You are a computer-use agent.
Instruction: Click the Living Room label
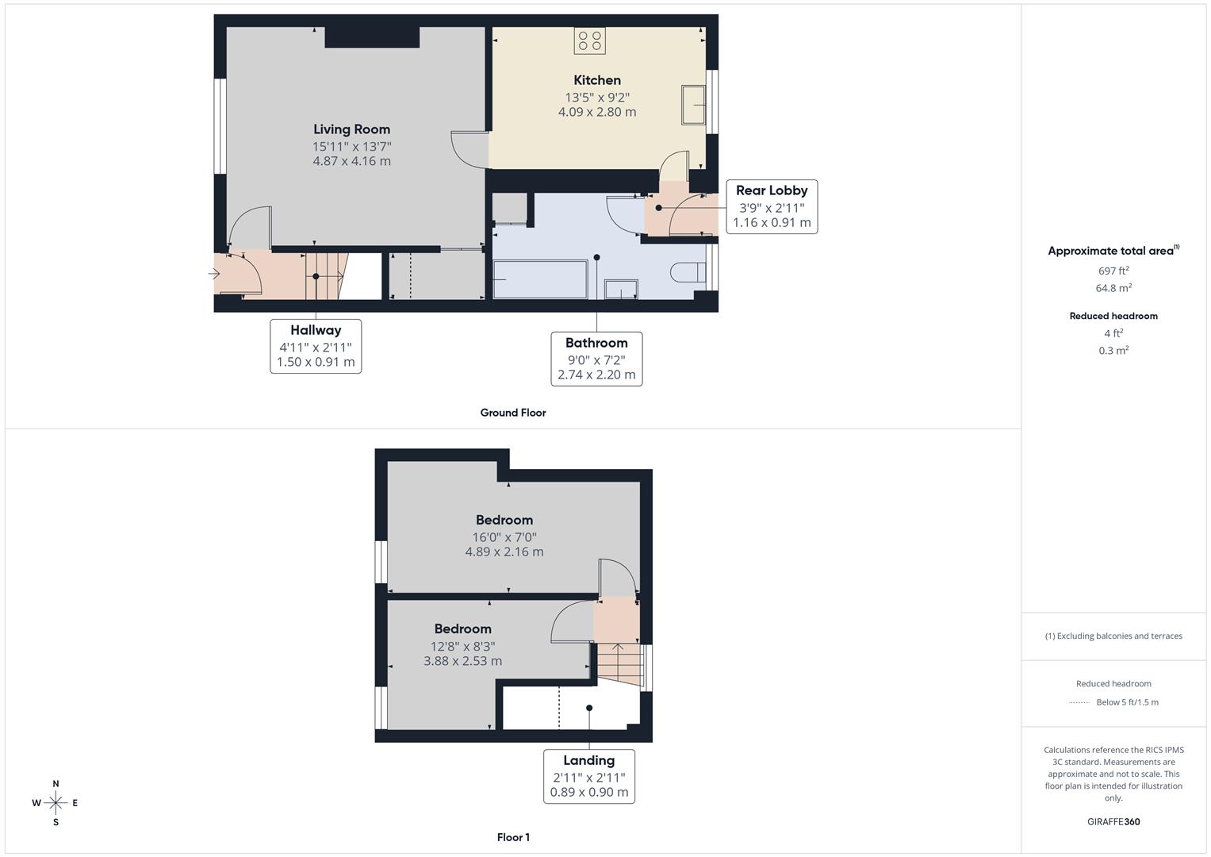click(351, 129)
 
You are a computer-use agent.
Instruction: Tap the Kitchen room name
click(597, 80)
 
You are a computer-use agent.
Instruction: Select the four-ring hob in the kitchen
click(590, 40)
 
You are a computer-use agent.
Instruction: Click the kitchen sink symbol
click(694, 105)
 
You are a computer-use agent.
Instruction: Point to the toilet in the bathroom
click(687, 273)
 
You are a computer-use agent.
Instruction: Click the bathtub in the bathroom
click(540, 279)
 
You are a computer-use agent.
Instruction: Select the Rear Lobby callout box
click(771, 206)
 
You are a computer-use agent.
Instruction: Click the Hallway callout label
click(316, 331)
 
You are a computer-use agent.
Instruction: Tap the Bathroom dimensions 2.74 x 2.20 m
click(596, 375)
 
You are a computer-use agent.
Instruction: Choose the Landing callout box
click(588, 775)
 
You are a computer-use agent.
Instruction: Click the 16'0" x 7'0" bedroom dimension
click(504, 537)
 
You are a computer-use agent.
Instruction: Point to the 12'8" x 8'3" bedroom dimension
click(462, 646)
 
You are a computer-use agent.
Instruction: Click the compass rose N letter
click(56, 784)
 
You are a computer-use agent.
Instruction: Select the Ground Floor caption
click(513, 413)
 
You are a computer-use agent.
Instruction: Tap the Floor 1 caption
click(513, 837)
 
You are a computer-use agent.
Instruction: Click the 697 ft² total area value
click(1113, 271)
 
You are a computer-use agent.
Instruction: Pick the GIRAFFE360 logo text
click(1113, 821)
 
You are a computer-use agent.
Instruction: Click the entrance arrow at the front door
click(214, 274)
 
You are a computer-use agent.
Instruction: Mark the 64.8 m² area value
click(1113, 288)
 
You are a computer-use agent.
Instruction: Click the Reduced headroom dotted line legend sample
click(1079, 702)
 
